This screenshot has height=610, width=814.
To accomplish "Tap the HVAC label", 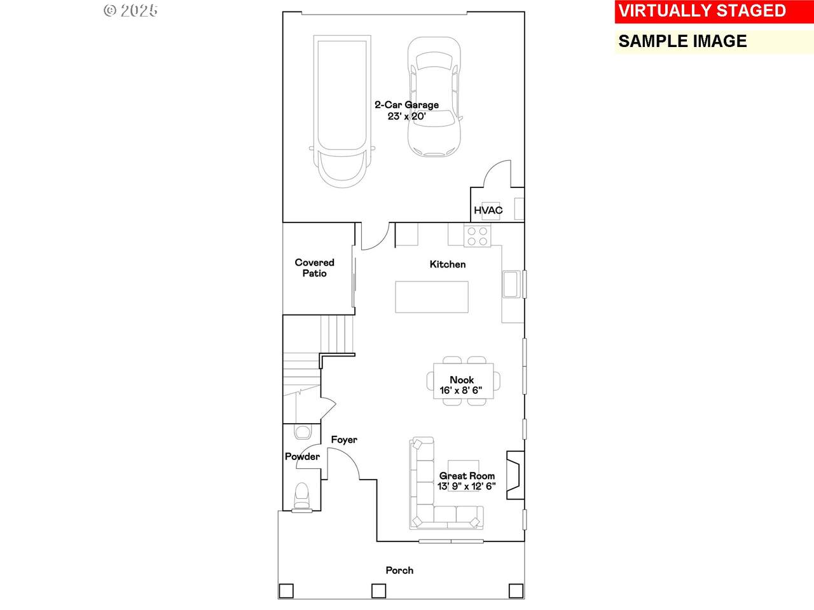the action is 488,210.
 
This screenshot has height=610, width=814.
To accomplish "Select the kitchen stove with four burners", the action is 478,236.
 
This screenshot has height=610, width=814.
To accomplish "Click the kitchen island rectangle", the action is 432,297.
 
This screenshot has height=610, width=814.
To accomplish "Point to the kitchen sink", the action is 511,284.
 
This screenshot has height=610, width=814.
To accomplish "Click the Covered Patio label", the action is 315,268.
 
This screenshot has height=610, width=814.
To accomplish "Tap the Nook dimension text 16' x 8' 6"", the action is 461,390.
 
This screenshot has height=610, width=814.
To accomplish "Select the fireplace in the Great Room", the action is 516,475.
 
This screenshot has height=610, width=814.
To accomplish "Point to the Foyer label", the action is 344,440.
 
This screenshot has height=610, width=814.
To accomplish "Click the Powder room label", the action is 302,457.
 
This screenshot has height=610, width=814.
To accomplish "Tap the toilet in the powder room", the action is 302,497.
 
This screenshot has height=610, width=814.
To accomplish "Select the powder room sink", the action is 303,432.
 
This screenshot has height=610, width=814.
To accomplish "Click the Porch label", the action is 399,571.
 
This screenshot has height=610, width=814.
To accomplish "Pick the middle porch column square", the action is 378,590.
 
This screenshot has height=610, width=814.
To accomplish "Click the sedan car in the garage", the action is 434,97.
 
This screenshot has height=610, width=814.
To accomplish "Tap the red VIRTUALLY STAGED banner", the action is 714,11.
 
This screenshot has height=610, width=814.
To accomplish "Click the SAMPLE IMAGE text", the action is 682,41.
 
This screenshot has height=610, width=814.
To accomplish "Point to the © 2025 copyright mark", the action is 130,11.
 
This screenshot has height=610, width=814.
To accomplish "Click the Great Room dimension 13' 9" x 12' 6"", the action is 467,486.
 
